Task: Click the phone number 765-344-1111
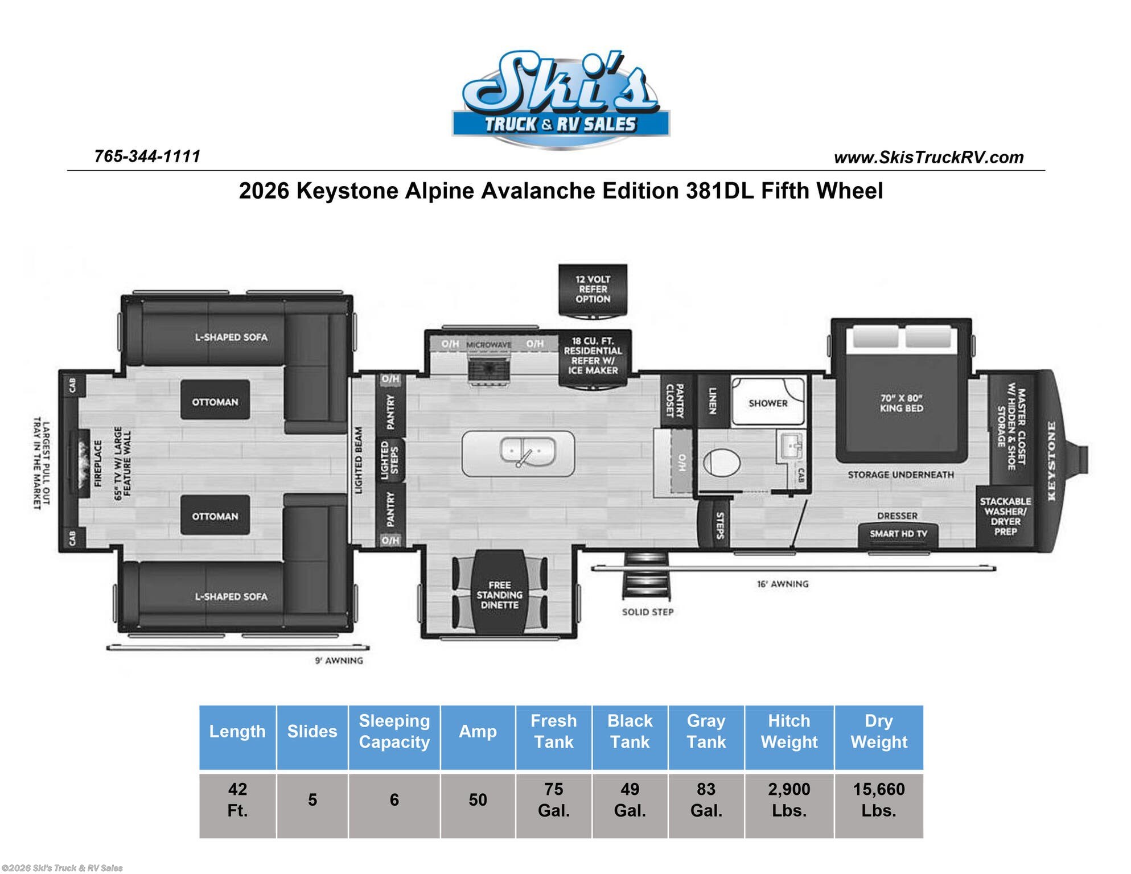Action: coord(147,156)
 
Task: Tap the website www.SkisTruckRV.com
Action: coord(928,158)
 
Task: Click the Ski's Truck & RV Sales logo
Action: coord(561,100)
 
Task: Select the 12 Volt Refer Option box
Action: coord(593,290)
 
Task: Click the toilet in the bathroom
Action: coord(721,462)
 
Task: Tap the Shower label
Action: coord(768,403)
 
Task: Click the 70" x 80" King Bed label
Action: coord(902,403)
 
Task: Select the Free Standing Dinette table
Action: coord(499,594)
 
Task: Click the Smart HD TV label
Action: coord(898,534)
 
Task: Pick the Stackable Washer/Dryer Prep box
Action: coord(1005,517)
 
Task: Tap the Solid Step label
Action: coord(647,612)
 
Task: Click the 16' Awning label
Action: coord(782,584)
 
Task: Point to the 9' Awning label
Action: coord(339,661)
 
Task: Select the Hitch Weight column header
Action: coord(789,732)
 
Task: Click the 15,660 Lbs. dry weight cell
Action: coord(878,800)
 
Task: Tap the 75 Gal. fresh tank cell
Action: coord(553,800)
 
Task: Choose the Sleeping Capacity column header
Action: coord(394,732)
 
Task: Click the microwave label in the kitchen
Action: coord(488,345)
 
